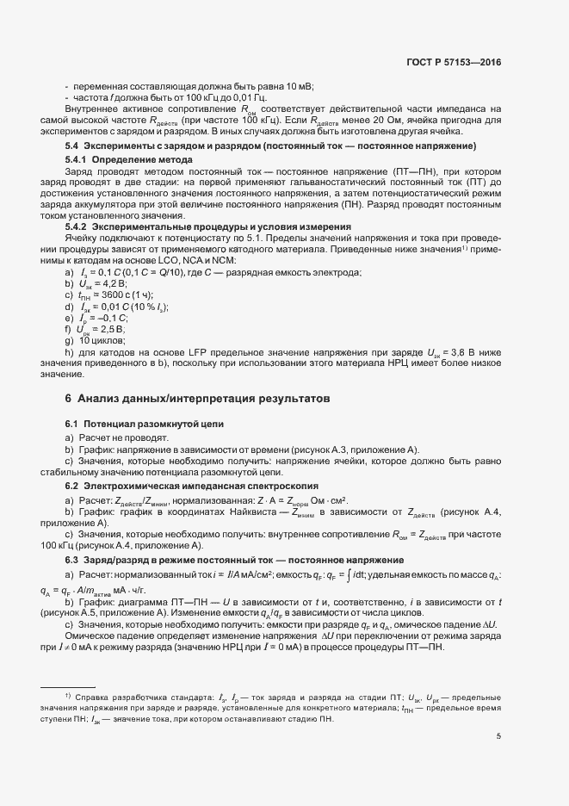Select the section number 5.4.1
[77, 161]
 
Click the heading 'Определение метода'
[142, 161]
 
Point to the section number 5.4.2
[77, 226]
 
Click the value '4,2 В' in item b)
[112, 283]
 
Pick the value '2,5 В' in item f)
[113, 330]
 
